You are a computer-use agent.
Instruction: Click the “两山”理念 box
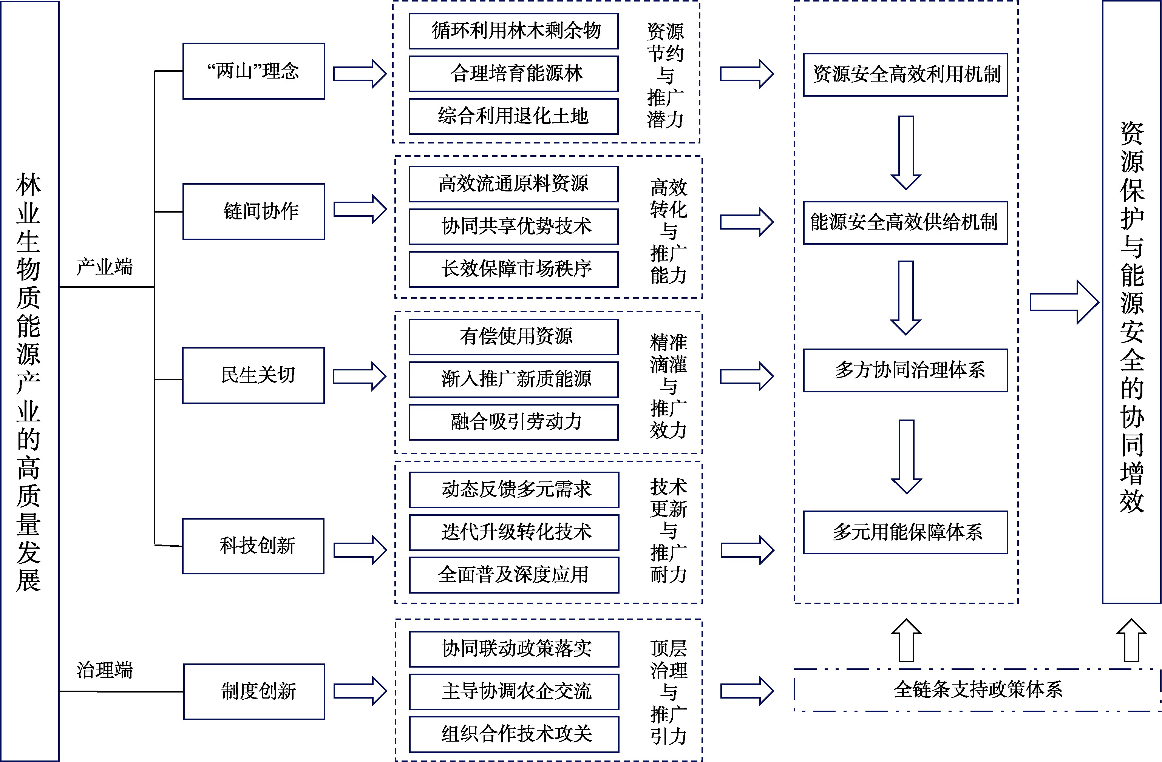[x=253, y=71]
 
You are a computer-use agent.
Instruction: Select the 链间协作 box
[x=253, y=211]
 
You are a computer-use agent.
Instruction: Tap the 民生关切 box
[x=253, y=375]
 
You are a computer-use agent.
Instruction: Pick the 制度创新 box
[x=254, y=691]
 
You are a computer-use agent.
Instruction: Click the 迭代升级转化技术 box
[x=514, y=532]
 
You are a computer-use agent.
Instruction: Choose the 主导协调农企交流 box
[x=514, y=692]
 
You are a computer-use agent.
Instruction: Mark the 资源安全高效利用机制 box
[x=905, y=75]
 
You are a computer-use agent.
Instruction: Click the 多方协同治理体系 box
[x=905, y=370]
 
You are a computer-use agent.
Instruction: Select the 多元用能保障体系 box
[x=905, y=532]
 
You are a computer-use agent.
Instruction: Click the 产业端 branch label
[x=105, y=267]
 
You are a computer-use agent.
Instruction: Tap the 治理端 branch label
[x=105, y=670]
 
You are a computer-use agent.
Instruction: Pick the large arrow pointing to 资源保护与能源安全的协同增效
[x=1064, y=302]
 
